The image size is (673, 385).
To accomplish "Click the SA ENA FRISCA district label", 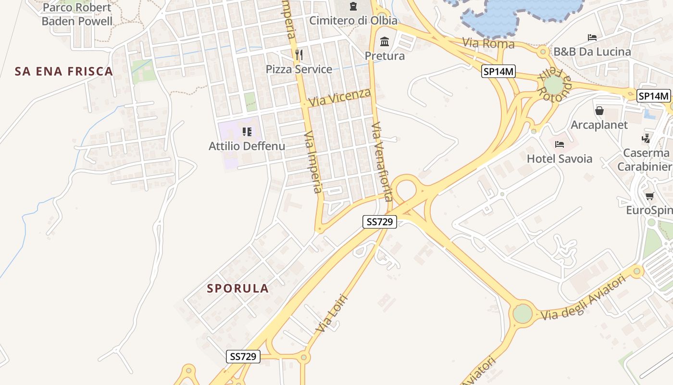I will pyautogui.click(x=64, y=72).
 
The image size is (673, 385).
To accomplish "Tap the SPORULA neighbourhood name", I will pyautogui.click(x=237, y=288).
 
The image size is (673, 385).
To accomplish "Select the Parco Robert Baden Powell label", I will pyautogui.click(x=77, y=14).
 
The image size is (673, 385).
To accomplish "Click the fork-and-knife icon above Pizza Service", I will pyautogui.click(x=299, y=54).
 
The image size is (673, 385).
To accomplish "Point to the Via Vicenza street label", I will pyautogui.click(x=340, y=97).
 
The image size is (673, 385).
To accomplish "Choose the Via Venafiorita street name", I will pyautogui.click(x=382, y=161).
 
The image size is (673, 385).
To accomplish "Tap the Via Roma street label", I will pyautogui.click(x=488, y=44).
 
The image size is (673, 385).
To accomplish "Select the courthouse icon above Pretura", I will pyautogui.click(x=385, y=42).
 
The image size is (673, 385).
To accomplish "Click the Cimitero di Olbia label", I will pyautogui.click(x=353, y=21).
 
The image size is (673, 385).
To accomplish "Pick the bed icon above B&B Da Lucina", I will pyautogui.click(x=592, y=38).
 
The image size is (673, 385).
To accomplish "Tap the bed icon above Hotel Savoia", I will pyautogui.click(x=559, y=144).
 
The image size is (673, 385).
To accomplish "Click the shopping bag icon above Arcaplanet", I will pyautogui.click(x=599, y=111).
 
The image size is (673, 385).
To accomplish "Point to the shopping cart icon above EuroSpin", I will pyautogui.click(x=650, y=196).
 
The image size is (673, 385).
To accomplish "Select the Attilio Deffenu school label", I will pyautogui.click(x=247, y=146).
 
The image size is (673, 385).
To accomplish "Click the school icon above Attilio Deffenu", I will pyautogui.click(x=247, y=131).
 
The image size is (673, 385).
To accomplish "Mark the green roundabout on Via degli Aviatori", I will pyautogui.click(x=523, y=314).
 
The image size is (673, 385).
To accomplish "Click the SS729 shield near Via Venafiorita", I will pyautogui.click(x=379, y=222).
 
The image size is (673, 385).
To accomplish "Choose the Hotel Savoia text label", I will pyautogui.click(x=560, y=159).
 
